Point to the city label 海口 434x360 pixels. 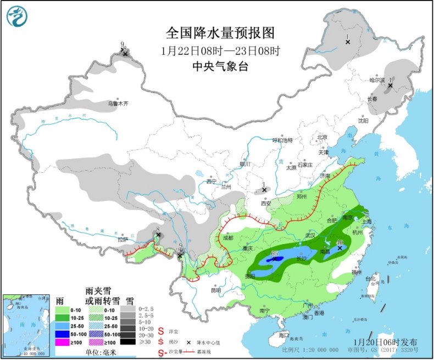point(283,334)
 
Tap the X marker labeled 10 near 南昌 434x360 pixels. point(340,248)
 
